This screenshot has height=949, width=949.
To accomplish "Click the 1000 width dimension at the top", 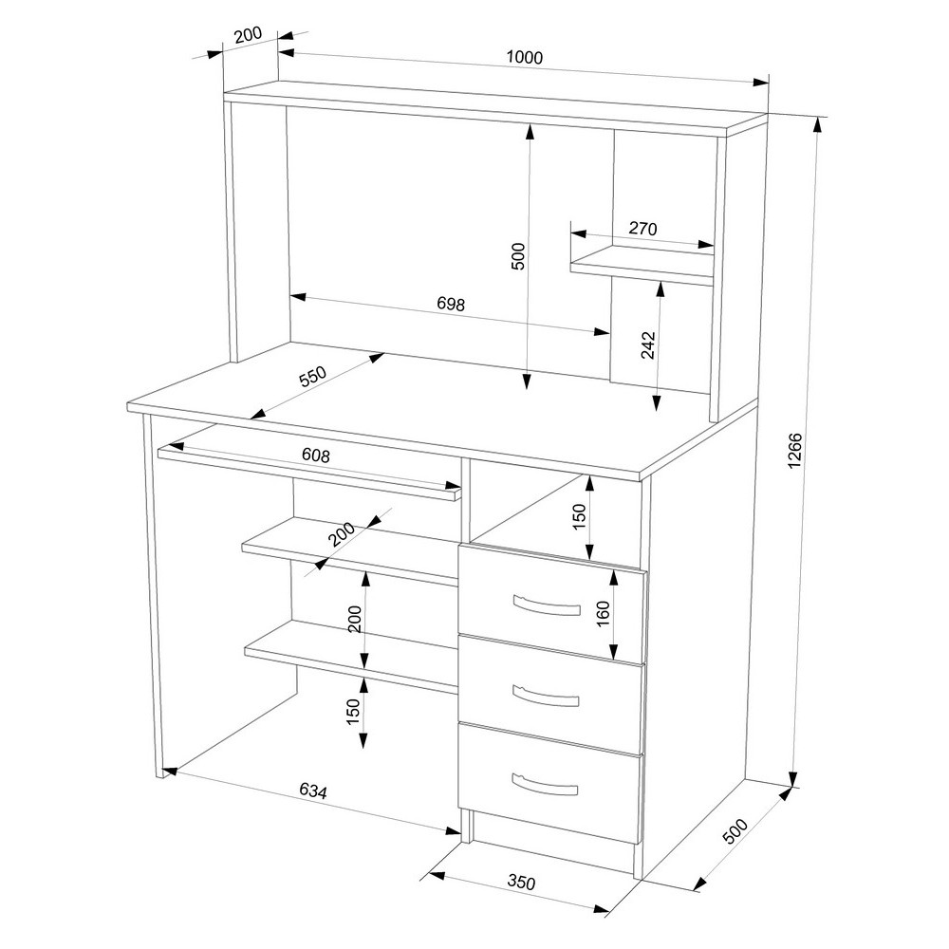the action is click(x=525, y=58).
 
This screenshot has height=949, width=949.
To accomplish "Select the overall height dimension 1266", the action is click(x=794, y=450).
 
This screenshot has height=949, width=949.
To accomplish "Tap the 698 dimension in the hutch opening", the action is click(x=451, y=304).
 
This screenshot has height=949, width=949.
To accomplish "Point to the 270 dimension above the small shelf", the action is click(x=642, y=229).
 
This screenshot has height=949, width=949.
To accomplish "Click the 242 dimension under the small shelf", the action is click(x=648, y=345).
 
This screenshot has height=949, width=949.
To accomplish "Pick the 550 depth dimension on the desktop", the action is click(x=313, y=377).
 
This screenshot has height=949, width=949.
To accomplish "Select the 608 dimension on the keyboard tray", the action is click(x=316, y=456).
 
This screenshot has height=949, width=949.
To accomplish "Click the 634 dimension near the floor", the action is click(x=313, y=791).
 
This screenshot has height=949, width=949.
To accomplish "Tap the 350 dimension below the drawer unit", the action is click(x=520, y=883).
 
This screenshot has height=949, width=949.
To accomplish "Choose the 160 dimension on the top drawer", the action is click(x=604, y=614).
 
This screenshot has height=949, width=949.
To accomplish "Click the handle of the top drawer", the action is click(x=546, y=605).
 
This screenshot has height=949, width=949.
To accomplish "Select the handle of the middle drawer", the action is click(x=546, y=696).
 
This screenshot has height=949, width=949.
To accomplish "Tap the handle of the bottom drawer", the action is click(x=545, y=785).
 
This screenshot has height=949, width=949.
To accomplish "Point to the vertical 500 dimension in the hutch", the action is click(x=519, y=256).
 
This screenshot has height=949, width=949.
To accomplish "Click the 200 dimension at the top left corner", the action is click(x=248, y=34).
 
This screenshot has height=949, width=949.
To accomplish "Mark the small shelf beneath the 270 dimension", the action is click(x=642, y=265).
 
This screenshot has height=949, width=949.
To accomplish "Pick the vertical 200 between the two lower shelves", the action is click(x=355, y=619).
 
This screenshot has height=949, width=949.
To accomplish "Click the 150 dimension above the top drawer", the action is click(x=579, y=517).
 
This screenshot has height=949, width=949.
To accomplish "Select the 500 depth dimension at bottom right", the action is click(x=735, y=831).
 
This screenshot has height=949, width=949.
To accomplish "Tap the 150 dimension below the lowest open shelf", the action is click(x=353, y=712).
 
